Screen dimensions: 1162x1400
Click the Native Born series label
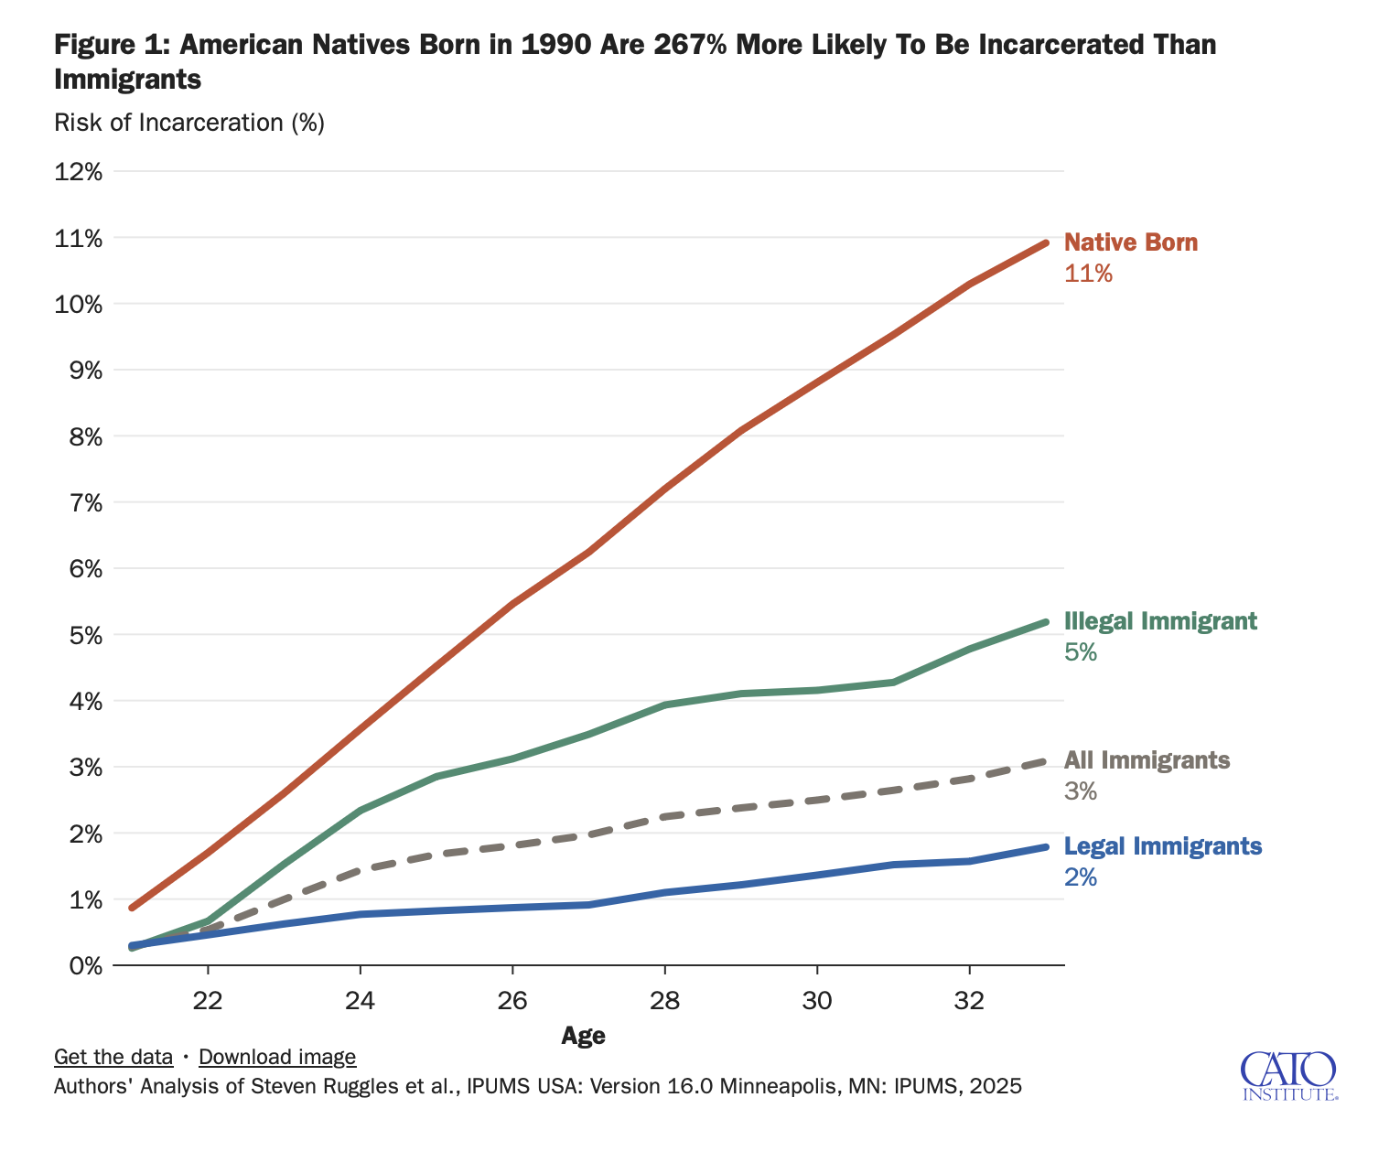click(x=1130, y=242)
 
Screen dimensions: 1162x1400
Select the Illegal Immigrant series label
click(x=1160, y=621)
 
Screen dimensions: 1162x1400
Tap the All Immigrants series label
click(x=1147, y=760)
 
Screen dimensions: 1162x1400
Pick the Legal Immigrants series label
click(x=1163, y=846)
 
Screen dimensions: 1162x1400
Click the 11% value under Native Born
click(x=1088, y=274)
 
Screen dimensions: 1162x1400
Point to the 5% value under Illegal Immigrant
click(x=1080, y=652)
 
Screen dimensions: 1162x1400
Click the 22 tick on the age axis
click(x=208, y=1001)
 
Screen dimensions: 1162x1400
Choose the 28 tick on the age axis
click(x=664, y=1001)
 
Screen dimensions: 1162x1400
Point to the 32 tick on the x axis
click(x=969, y=1001)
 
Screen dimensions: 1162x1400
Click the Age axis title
click(x=583, y=1036)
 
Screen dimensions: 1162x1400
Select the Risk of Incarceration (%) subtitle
click(x=189, y=123)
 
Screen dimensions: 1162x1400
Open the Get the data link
click(x=113, y=1057)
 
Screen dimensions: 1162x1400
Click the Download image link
click(x=277, y=1057)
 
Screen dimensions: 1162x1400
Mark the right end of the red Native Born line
click(x=1045, y=242)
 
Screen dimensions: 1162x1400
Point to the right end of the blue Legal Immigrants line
click(x=1045, y=847)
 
